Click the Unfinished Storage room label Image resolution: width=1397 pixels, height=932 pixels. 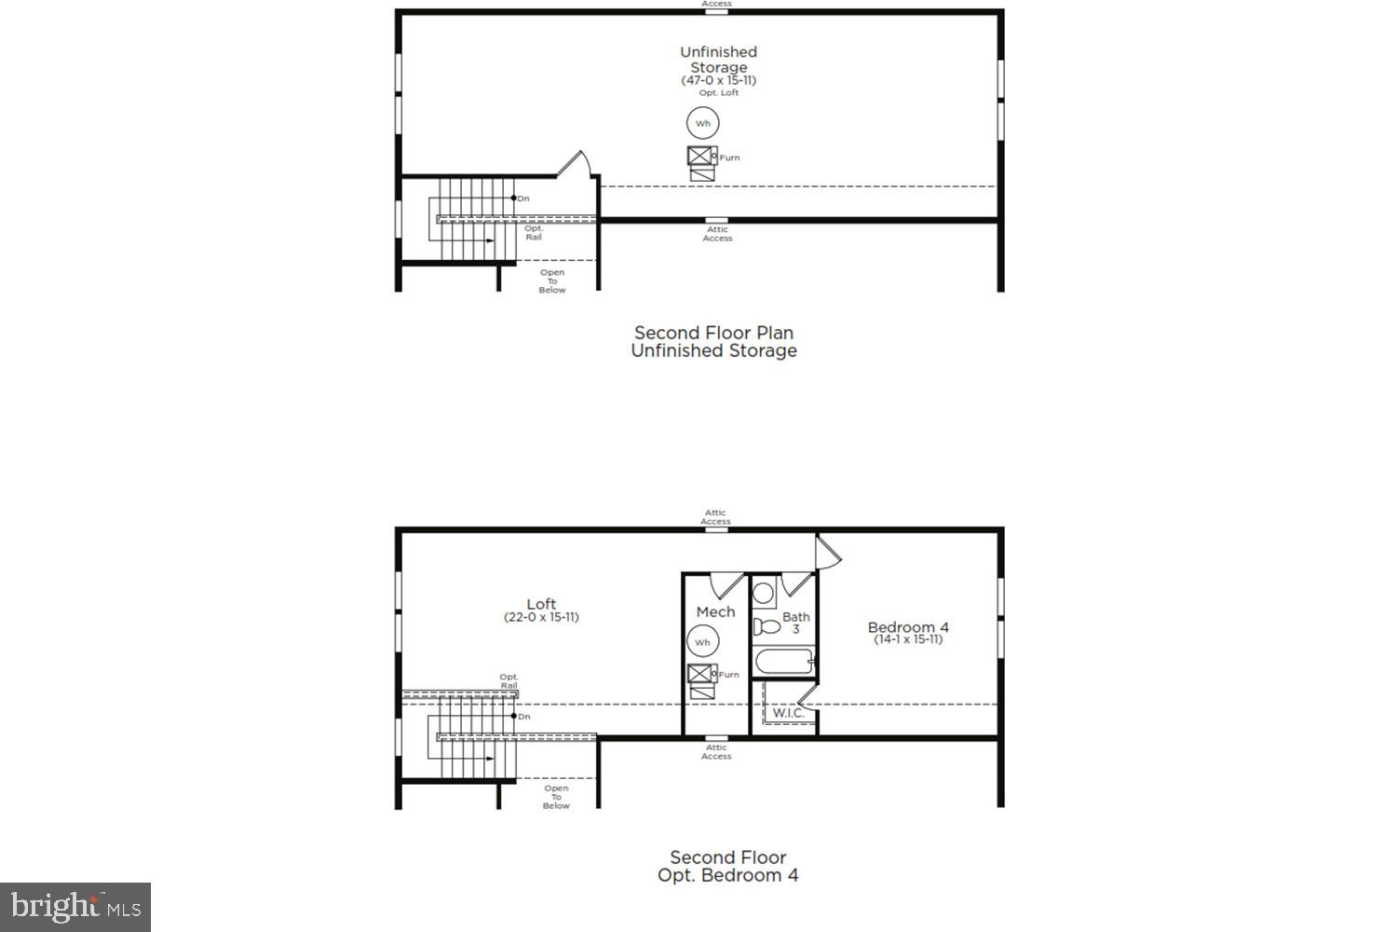tap(718, 60)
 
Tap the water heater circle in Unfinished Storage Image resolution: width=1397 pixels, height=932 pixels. tap(703, 123)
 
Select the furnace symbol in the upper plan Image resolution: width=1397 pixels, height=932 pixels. tap(700, 157)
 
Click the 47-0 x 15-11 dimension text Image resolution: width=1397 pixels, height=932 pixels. tap(718, 80)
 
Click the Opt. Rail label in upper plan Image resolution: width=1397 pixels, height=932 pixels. tap(534, 233)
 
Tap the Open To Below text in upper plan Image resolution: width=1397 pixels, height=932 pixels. tap(552, 281)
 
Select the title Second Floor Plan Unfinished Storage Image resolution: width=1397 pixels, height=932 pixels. tap(714, 342)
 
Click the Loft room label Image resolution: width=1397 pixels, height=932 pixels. tap(541, 604)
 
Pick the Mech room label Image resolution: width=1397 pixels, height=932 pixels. tap(715, 612)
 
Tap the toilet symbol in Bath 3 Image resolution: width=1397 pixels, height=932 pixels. tap(766, 625)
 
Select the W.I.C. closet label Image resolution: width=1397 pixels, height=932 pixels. tap(788, 713)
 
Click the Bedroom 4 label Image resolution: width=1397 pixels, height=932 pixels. tap(908, 627)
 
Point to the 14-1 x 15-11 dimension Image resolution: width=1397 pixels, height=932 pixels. tap(908, 639)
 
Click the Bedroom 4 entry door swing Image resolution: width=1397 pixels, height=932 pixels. tap(828, 552)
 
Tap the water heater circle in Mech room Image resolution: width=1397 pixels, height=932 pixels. tap(703, 642)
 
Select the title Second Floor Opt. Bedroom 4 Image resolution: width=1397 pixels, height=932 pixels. tap(728, 867)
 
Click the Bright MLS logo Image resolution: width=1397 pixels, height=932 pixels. tap(75, 907)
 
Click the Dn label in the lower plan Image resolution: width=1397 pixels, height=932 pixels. tap(524, 717)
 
